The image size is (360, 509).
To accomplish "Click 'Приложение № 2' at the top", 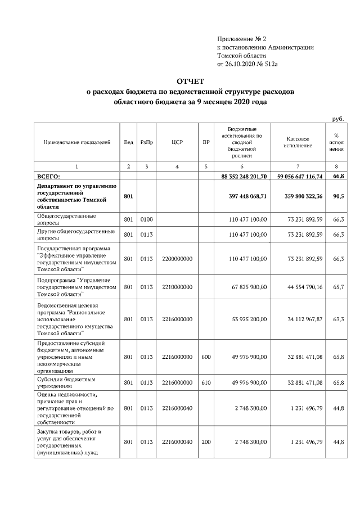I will coord(241,39).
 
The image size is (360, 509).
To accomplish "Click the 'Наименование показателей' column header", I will coord(76,143).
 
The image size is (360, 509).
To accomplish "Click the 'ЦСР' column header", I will coord(177,143).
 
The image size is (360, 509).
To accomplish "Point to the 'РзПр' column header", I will coord(146,143).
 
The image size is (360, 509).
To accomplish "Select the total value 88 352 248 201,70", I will coord(241,177).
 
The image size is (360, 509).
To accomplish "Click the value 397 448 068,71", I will coord(244,196).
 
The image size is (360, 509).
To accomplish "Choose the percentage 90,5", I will coord(338,196).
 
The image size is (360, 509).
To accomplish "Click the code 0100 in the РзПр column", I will coord(146,219).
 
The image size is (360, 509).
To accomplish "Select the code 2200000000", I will coord(177,259).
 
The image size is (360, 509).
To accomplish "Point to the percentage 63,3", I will coord(338,319).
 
